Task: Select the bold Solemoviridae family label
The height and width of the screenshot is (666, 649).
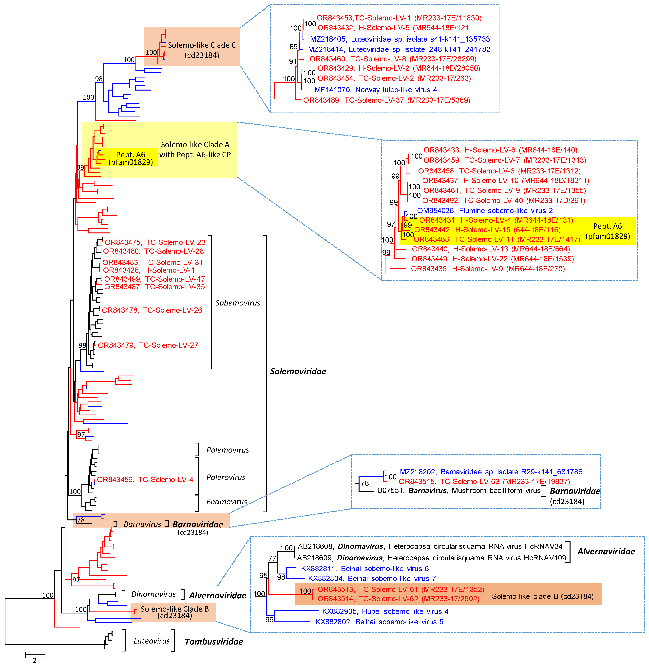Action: pos(298,371)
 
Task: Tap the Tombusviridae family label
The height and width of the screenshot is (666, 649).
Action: pos(214,641)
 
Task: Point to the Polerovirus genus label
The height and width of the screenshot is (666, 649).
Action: pos(226,477)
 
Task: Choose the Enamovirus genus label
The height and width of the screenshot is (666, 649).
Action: pos(227,501)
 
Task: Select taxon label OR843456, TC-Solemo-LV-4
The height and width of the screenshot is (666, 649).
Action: pos(145,480)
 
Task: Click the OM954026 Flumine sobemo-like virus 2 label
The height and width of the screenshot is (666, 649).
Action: pos(485,211)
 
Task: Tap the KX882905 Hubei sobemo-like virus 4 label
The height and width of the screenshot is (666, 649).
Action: pos(385,611)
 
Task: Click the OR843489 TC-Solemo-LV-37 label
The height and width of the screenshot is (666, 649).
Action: pos(386,100)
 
